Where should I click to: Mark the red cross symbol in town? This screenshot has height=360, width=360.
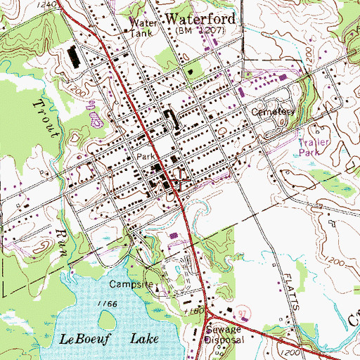point(180,180)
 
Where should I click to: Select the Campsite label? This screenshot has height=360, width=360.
point(130,285)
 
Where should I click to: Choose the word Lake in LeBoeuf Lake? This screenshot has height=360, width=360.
point(145,339)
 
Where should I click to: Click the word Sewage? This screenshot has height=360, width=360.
point(224,329)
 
